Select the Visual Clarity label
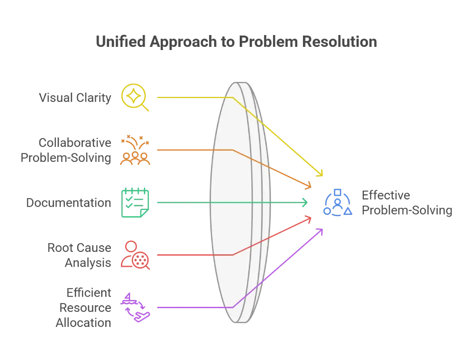click(75, 98)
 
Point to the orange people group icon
click(135, 152)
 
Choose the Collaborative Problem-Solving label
click(66, 150)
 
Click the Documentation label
click(69, 203)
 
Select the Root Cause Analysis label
click(79, 255)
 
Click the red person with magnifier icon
click(135, 255)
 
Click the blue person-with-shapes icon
click(337, 202)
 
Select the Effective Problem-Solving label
click(407, 203)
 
